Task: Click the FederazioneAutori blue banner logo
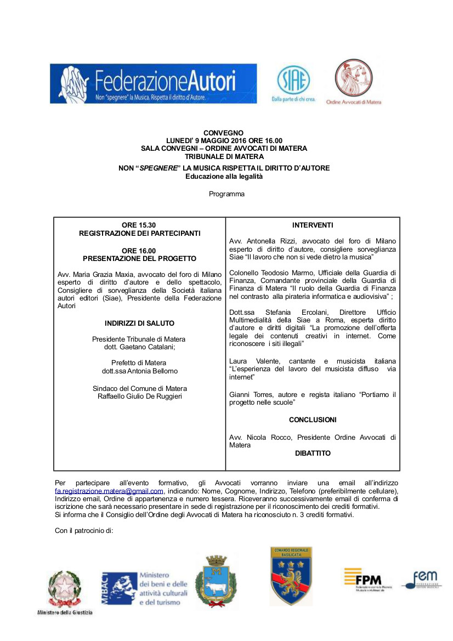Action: coord(153,83)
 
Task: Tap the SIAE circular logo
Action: coord(293,81)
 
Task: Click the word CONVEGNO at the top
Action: coord(223,133)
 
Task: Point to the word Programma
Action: coord(226,194)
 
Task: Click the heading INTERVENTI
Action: coord(313,225)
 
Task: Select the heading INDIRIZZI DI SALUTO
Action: coord(139,324)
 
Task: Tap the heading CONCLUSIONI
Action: coord(313,419)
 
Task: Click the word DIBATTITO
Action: coord(313,453)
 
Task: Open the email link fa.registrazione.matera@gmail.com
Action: coord(109,491)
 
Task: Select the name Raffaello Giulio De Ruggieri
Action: coord(139,396)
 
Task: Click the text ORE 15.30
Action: coord(139,225)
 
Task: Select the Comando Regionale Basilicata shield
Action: coord(291,576)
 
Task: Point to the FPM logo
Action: coord(363,579)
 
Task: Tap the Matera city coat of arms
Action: coord(216,582)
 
